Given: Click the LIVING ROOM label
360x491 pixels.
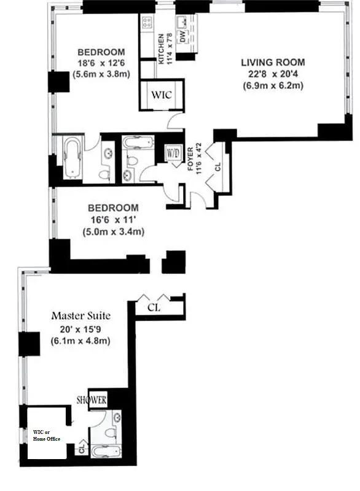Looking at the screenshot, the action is pos(273,63).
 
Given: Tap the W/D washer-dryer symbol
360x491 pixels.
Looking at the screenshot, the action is pos(173,153).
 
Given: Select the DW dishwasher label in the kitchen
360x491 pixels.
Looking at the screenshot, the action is pos(182,37).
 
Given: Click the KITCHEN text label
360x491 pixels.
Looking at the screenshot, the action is pos(161,49).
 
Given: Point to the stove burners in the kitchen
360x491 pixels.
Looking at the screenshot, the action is pos(147,22).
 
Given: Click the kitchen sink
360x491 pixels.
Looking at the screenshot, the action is pos(182,21).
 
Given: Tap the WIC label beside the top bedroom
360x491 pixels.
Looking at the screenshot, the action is pos(162,95).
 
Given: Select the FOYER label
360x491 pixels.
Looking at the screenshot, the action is pos(190,159).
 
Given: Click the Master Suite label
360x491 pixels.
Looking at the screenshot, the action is pos(81,315).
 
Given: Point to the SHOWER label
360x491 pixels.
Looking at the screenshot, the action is pos(92,400).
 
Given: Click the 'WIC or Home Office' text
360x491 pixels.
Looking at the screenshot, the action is pos(46,436).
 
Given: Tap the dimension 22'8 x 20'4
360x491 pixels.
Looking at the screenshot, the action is pos(273,74).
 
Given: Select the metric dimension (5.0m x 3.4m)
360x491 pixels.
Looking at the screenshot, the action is pos(114,232).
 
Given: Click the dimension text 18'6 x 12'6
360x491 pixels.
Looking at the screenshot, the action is pos(101,63).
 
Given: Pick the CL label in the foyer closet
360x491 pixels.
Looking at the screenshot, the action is pos(218,166).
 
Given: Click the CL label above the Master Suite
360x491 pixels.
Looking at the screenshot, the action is pos(154,307).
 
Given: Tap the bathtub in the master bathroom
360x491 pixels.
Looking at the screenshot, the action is pos(107,452).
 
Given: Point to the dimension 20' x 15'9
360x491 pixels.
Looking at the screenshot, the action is pos(80,330).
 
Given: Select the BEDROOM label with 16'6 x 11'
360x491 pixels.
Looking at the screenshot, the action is pos(113,208).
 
